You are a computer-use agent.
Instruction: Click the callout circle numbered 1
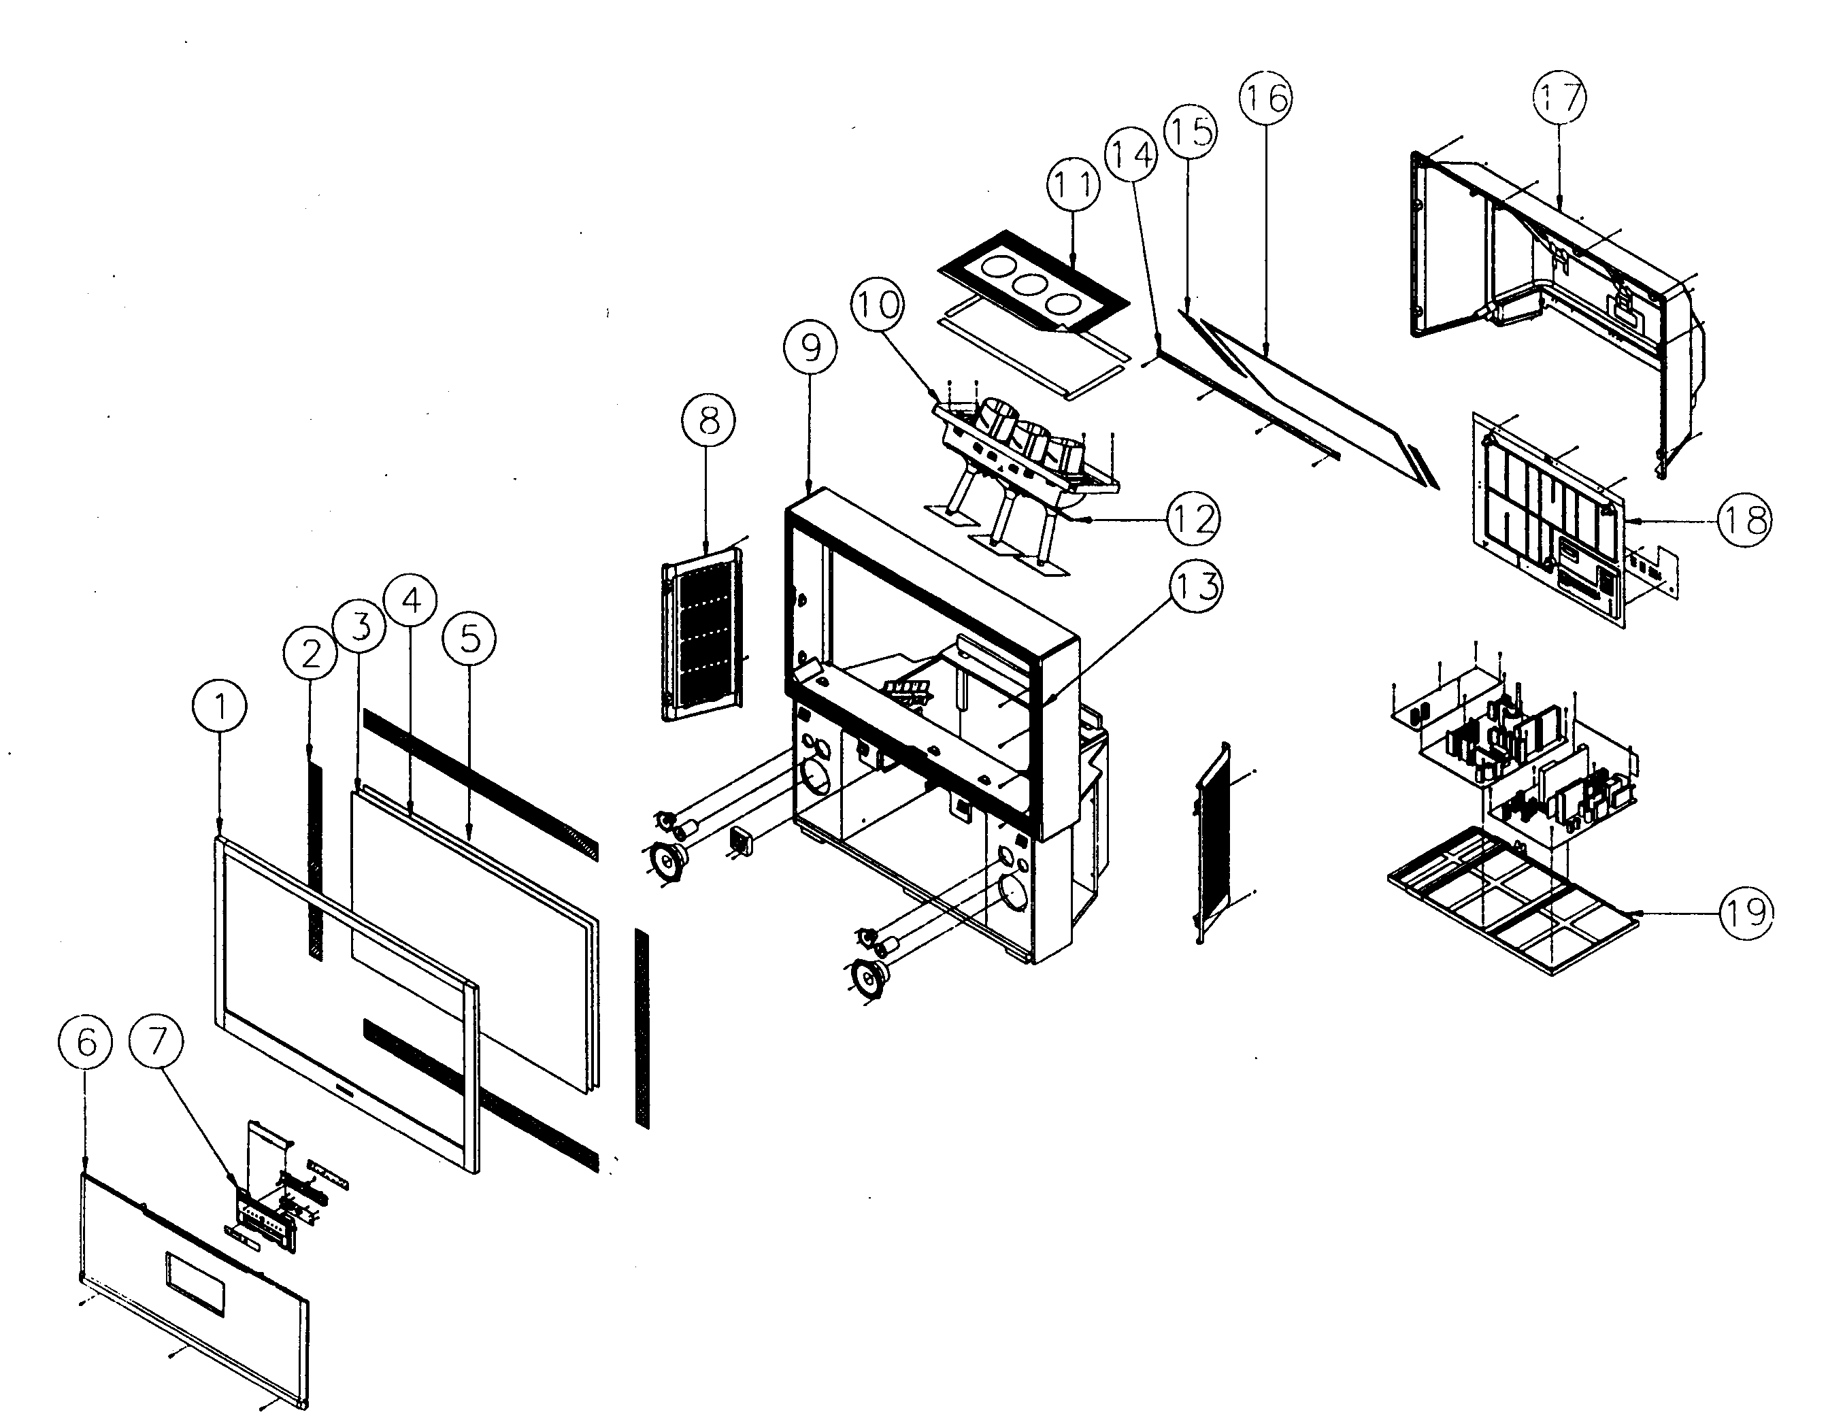220,707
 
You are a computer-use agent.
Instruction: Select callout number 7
156,1042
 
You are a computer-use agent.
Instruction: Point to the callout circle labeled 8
708,420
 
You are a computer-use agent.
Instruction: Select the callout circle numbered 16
1265,98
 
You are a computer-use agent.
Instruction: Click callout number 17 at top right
1560,98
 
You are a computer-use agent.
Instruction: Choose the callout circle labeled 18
1745,520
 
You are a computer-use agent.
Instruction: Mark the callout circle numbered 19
1747,911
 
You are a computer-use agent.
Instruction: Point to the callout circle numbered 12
1195,519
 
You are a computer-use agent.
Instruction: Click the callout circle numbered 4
410,599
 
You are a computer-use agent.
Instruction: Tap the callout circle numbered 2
310,653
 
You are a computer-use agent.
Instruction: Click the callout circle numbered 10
877,304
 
